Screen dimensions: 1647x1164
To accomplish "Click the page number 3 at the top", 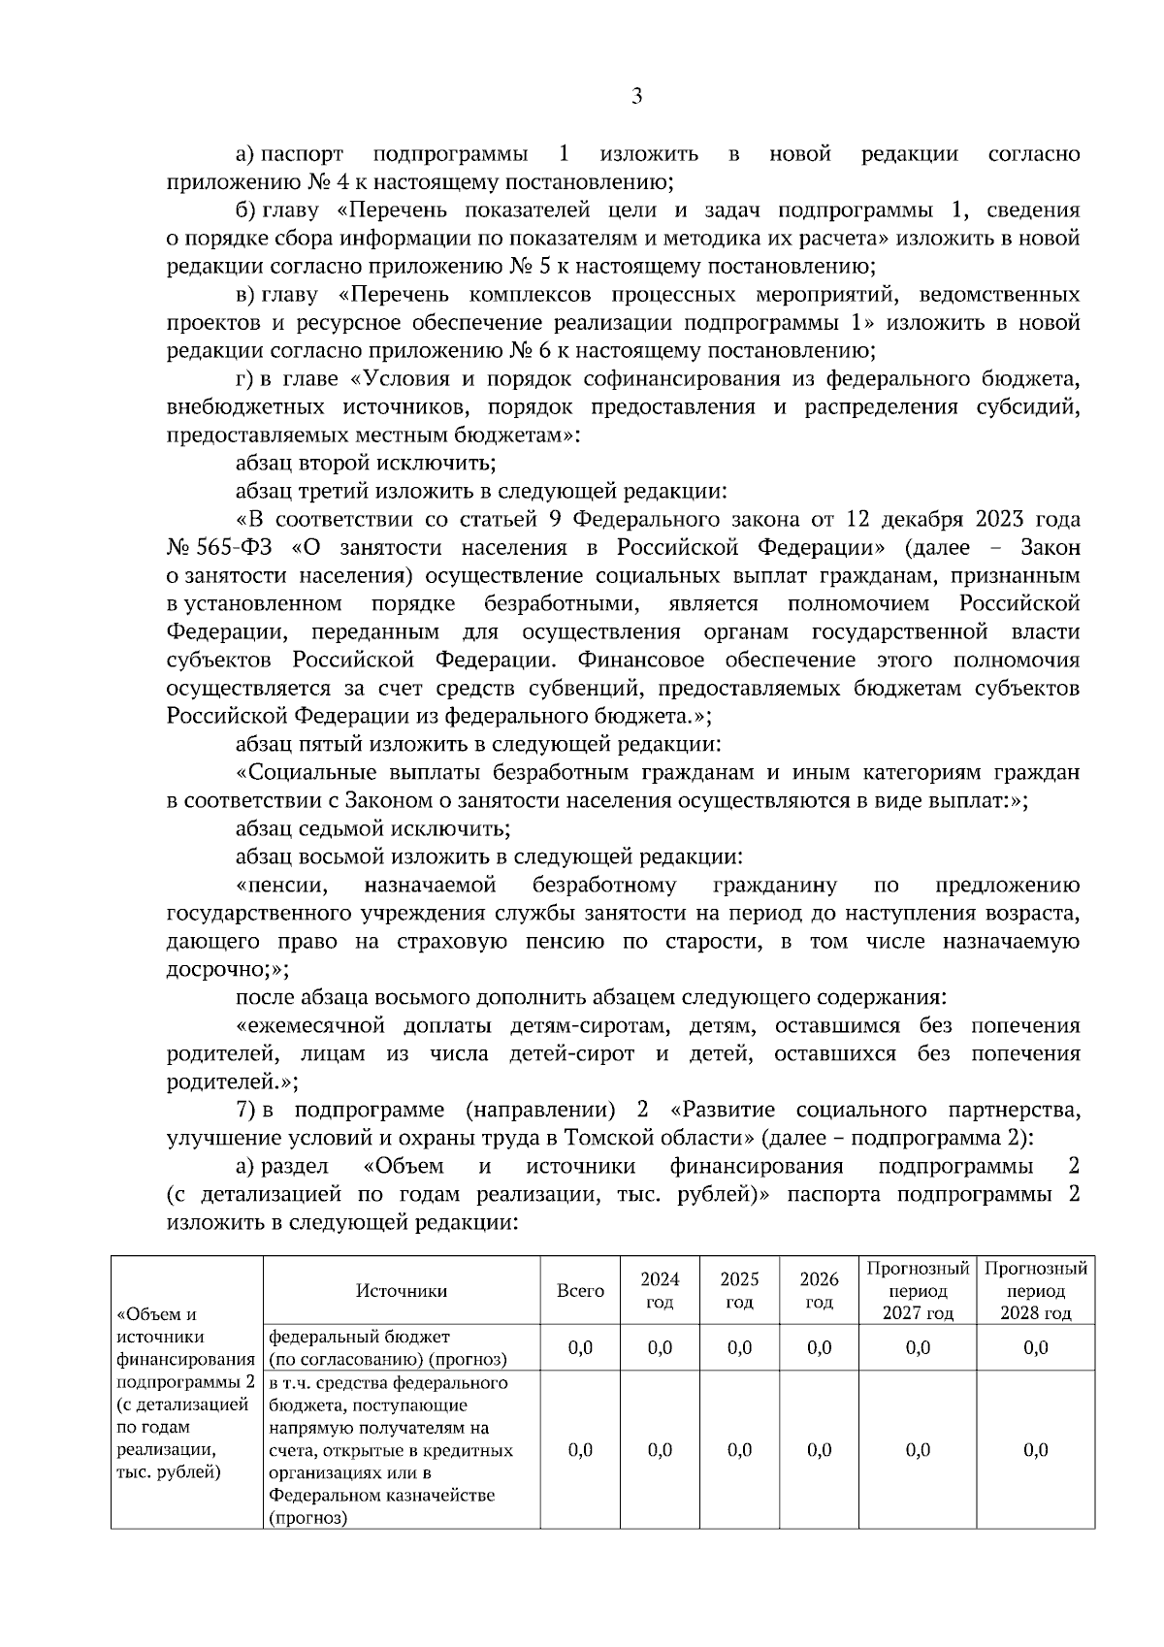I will click(636, 96).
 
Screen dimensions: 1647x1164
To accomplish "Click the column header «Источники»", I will click(402, 1290).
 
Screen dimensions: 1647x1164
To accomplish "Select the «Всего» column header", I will click(580, 1290).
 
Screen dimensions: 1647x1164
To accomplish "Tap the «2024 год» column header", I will click(660, 1290).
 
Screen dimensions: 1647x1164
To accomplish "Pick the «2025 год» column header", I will click(739, 1290).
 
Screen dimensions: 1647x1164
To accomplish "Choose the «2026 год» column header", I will click(819, 1290).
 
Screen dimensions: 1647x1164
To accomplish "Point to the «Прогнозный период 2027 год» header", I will click(918, 1290).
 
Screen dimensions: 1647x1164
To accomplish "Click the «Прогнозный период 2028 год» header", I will click(1035, 1290).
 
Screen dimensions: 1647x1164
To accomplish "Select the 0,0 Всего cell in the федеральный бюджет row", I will click(580, 1347).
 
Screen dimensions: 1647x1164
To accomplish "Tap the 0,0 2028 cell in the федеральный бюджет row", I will click(1035, 1347).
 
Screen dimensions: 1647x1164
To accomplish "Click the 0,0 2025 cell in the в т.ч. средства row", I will click(739, 1450).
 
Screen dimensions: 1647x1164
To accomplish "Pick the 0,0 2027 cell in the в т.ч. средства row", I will click(918, 1450).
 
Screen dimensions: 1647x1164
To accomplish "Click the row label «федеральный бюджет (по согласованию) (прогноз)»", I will click(388, 1347).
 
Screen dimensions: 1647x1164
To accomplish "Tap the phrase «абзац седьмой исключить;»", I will click(372, 829).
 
